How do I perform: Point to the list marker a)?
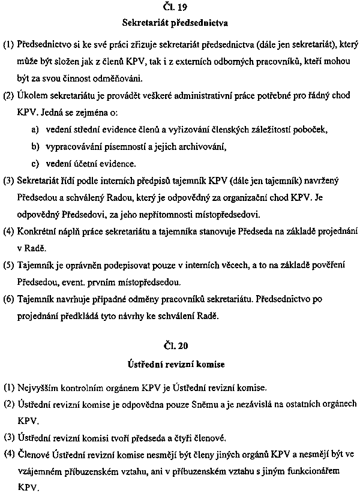pos(35,129)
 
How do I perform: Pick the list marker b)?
pos(35,146)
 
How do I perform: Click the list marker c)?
pos(35,163)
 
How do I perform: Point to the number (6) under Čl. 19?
pos(10,298)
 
